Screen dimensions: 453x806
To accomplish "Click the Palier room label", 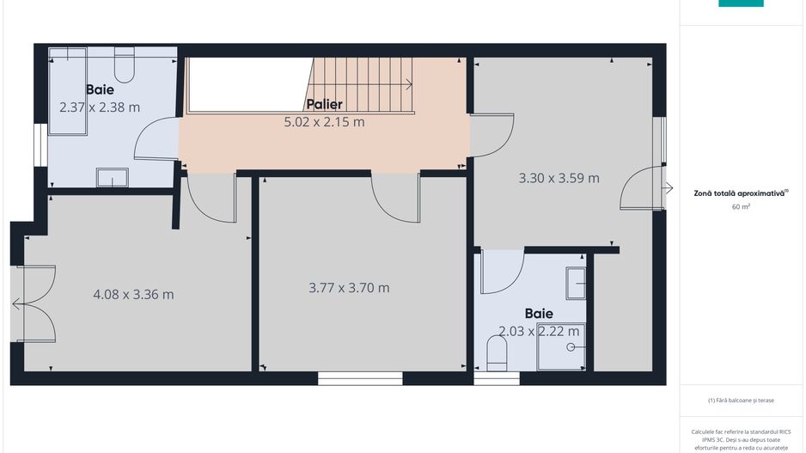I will tap(324, 104).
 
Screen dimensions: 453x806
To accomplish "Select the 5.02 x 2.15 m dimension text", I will tap(324, 122).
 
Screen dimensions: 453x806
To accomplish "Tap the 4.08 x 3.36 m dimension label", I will tap(133, 295).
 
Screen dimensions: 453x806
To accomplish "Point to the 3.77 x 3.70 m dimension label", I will tap(349, 288).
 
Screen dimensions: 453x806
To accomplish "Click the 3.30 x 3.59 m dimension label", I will tap(559, 179).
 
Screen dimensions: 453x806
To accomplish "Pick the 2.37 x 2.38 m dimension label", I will tap(100, 107).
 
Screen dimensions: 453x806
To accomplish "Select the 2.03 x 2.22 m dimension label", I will tap(539, 331).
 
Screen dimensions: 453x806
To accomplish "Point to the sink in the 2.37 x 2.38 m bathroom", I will tap(112, 177).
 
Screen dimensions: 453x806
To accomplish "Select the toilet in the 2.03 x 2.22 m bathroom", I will tap(497, 350).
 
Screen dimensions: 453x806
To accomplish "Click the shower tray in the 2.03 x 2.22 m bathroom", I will tap(561, 347).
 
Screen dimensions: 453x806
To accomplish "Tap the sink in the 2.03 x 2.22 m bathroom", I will tap(575, 282).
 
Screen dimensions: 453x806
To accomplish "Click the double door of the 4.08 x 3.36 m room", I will tap(34, 303).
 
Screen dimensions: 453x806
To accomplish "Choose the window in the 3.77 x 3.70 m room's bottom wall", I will tap(360, 377).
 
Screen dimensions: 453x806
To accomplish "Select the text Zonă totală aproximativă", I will tap(740, 193).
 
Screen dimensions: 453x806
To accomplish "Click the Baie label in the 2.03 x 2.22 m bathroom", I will tap(539, 314).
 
